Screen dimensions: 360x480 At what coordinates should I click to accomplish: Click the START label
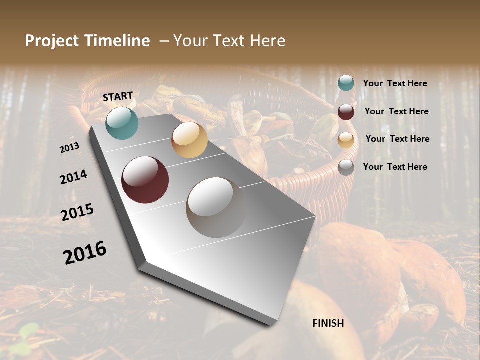pyautogui.click(x=118, y=96)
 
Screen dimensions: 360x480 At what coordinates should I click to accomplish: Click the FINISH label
pyautogui.click(x=328, y=323)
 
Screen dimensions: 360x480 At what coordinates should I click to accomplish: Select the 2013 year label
pyautogui.click(x=69, y=147)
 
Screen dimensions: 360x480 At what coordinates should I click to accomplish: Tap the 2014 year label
pyautogui.click(x=73, y=177)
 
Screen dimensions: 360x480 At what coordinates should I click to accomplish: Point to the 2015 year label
pyautogui.click(x=77, y=212)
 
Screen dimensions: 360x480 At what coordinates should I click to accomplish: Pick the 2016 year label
pyautogui.click(x=85, y=252)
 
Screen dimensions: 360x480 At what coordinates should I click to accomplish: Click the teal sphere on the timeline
pyautogui.click(x=122, y=123)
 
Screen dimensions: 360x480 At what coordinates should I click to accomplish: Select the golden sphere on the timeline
pyautogui.click(x=189, y=140)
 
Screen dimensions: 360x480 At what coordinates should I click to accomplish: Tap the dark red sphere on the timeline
pyautogui.click(x=145, y=180)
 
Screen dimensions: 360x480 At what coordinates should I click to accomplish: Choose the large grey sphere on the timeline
pyautogui.click(x=215, y=207)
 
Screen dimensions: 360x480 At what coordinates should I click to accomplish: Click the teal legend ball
pyautogui.click(x=346, y=83)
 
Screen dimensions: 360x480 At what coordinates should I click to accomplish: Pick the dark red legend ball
pyautogui.click(x=346, y=112)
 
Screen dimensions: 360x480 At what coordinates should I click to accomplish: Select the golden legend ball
pyautogui.click(x=346, y=140)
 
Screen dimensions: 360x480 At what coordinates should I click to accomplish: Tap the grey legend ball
pyautogui.click(x=346, y=167)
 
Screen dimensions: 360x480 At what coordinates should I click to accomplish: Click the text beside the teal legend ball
pyautogui.click(x=395, y=84)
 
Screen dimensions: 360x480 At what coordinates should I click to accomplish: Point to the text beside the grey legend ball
pyautogui.click(x=395, y=167)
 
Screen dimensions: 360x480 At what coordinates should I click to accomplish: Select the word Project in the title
pyautogui.click(x=52, y=41)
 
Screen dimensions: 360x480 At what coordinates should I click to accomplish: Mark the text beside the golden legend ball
pyautogui.click(x=397, y=139)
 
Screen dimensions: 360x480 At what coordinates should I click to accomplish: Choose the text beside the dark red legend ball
pyautogui.click(x=396, y=111)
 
